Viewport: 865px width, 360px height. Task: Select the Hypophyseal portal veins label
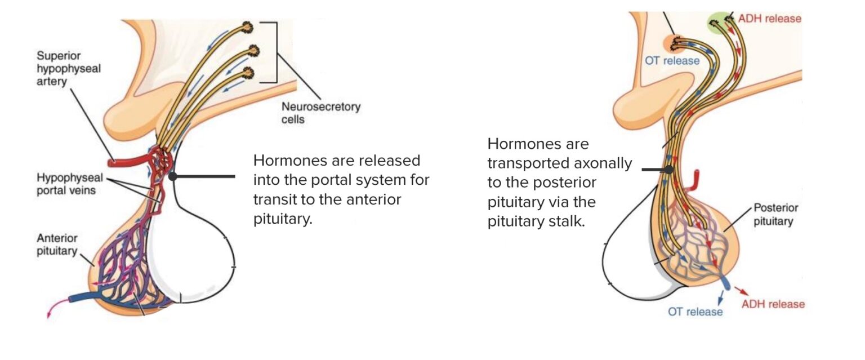66,184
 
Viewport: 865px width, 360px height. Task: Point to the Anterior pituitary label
56,244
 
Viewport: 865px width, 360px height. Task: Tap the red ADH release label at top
769,19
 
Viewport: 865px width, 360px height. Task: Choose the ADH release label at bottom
773,304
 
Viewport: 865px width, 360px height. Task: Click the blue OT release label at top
672,60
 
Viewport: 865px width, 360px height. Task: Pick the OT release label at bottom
694,310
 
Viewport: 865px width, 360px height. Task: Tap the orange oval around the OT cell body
674,43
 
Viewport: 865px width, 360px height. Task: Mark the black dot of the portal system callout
173,176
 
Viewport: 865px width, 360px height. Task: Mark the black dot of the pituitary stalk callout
668,169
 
